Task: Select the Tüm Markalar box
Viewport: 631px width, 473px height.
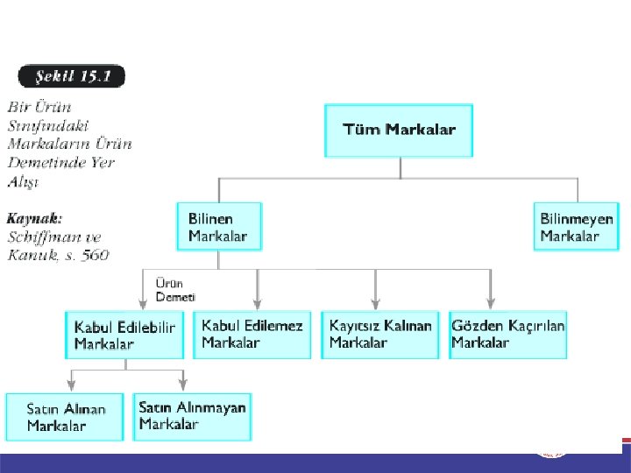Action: [x=399, y=131]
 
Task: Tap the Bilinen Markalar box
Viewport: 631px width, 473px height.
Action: [x=218, y=226]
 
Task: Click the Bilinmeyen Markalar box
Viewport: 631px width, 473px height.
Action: [x=576, y=226]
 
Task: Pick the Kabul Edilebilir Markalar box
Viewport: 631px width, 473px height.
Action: [x=124, y=335]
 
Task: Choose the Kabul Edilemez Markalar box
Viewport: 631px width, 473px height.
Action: [x=252, y=334]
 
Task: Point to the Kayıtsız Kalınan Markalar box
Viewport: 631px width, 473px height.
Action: [x=380, y=334]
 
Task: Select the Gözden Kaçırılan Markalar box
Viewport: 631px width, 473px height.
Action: [x=508, y=334]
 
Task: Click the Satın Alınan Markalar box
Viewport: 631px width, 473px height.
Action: [x=66, y=417]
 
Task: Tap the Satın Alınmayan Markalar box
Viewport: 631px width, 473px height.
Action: [x=193, y=416]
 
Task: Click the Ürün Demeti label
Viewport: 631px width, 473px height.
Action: [x=174, y=291]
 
